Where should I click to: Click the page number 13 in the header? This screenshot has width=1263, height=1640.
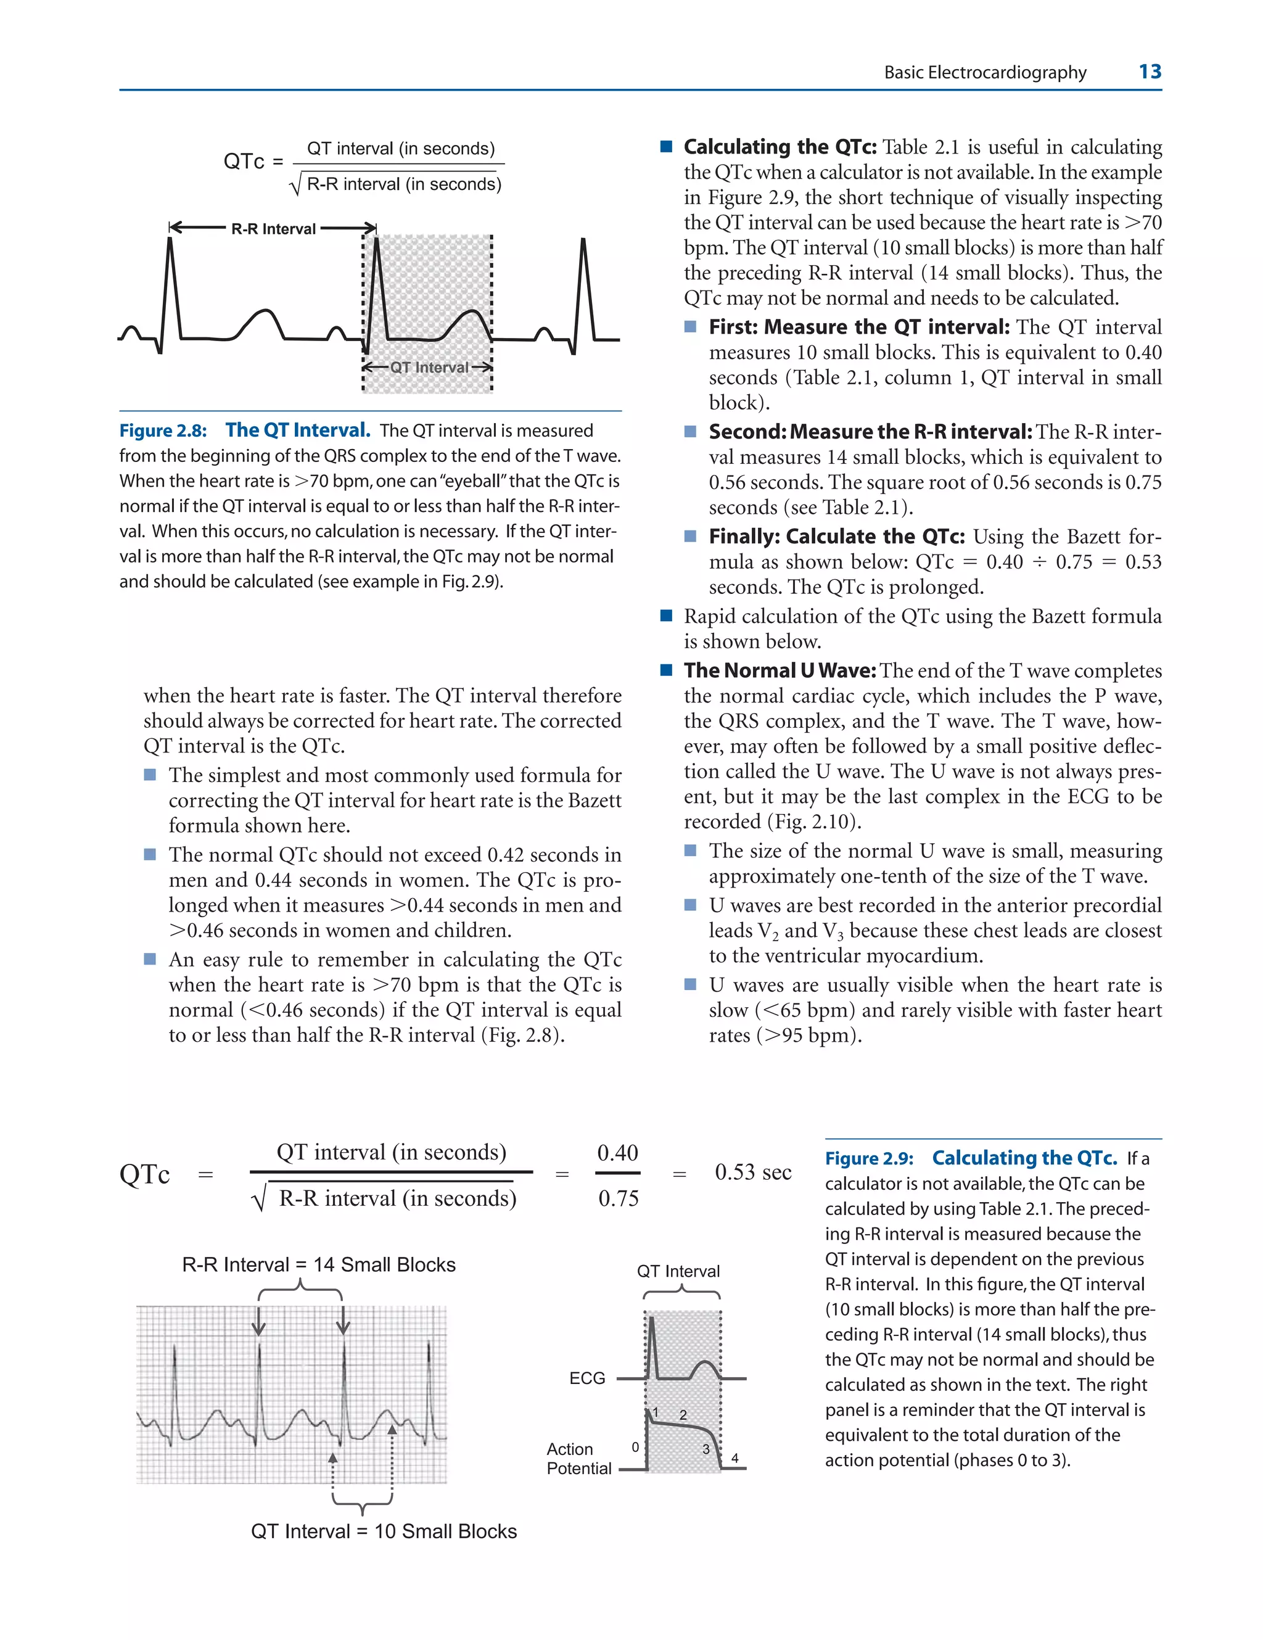tap(1149, 72)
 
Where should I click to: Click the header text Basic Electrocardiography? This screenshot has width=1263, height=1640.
tap(984, 72)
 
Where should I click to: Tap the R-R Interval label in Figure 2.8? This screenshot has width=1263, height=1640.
tap(273, 229)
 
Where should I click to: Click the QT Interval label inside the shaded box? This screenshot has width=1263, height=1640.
tap(429, 367)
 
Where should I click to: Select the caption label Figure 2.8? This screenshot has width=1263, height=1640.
tap(163, 431)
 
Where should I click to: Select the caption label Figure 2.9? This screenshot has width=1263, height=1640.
tap(869, 1159)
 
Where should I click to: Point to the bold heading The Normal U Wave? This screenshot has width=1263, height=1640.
tap(780, 670)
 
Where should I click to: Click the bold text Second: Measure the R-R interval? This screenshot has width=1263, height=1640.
tap(870, 432)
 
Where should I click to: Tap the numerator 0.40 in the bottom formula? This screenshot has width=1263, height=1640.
tap(617, 1153)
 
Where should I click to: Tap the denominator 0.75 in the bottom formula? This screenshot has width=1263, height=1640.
tap(618, 1198)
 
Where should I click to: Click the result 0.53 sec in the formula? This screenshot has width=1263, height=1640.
tap(752, 1172)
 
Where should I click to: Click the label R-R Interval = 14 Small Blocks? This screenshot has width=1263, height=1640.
tap(318, 1264)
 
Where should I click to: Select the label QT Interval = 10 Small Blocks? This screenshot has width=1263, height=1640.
tap(384, 1531)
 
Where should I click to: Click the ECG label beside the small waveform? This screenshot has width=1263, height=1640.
tap(587, 1378)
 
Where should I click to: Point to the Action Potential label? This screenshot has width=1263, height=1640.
tap(578, 1458)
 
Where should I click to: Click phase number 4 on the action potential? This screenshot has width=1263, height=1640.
tap(734, 1458)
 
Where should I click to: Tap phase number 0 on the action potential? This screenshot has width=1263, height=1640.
tap(635, 1446)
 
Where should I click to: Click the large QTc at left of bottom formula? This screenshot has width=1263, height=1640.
tap(144, 1174)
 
